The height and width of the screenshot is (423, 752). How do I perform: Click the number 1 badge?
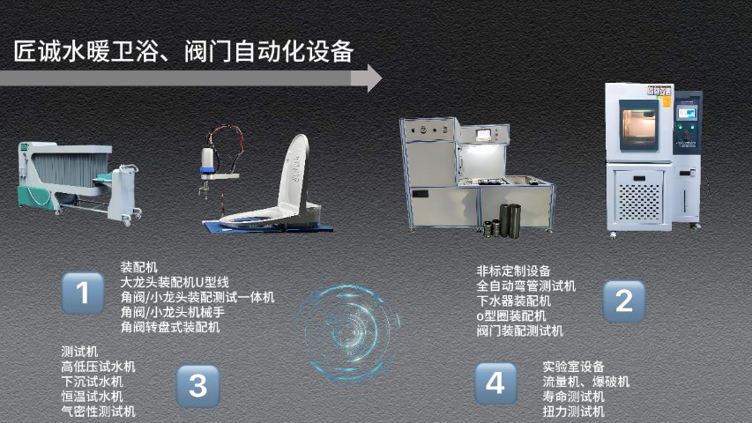point(83,293)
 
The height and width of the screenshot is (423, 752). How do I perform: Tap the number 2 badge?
point(623,301)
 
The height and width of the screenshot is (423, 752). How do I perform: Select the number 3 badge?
point(198,386)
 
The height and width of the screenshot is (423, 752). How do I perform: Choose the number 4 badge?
point(496,383)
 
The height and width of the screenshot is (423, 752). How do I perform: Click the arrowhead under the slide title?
point(372,78)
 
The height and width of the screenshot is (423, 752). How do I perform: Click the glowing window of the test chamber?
point(638,123)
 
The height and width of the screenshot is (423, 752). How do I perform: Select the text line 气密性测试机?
point(99,411)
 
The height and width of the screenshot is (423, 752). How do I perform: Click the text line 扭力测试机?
point(574,411)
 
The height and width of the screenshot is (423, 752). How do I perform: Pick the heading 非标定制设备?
point(513,271)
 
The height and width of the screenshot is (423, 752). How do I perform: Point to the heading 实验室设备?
point(573,367)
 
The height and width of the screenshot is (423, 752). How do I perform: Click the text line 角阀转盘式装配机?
point(170,327)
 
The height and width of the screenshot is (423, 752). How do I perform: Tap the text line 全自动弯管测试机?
point(526,286)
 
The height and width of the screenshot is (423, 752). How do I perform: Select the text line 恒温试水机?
point(92,397)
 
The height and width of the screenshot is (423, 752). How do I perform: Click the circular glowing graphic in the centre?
point(347,332)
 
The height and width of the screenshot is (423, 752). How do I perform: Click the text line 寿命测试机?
point(574,397)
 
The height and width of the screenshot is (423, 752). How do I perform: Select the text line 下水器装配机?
point(514,301)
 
